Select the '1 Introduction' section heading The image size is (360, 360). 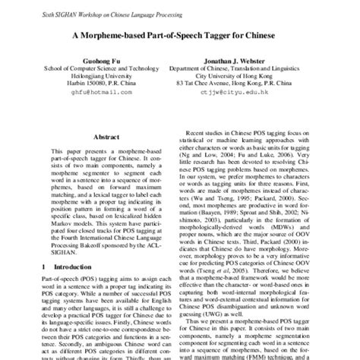[x=63, y=267]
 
